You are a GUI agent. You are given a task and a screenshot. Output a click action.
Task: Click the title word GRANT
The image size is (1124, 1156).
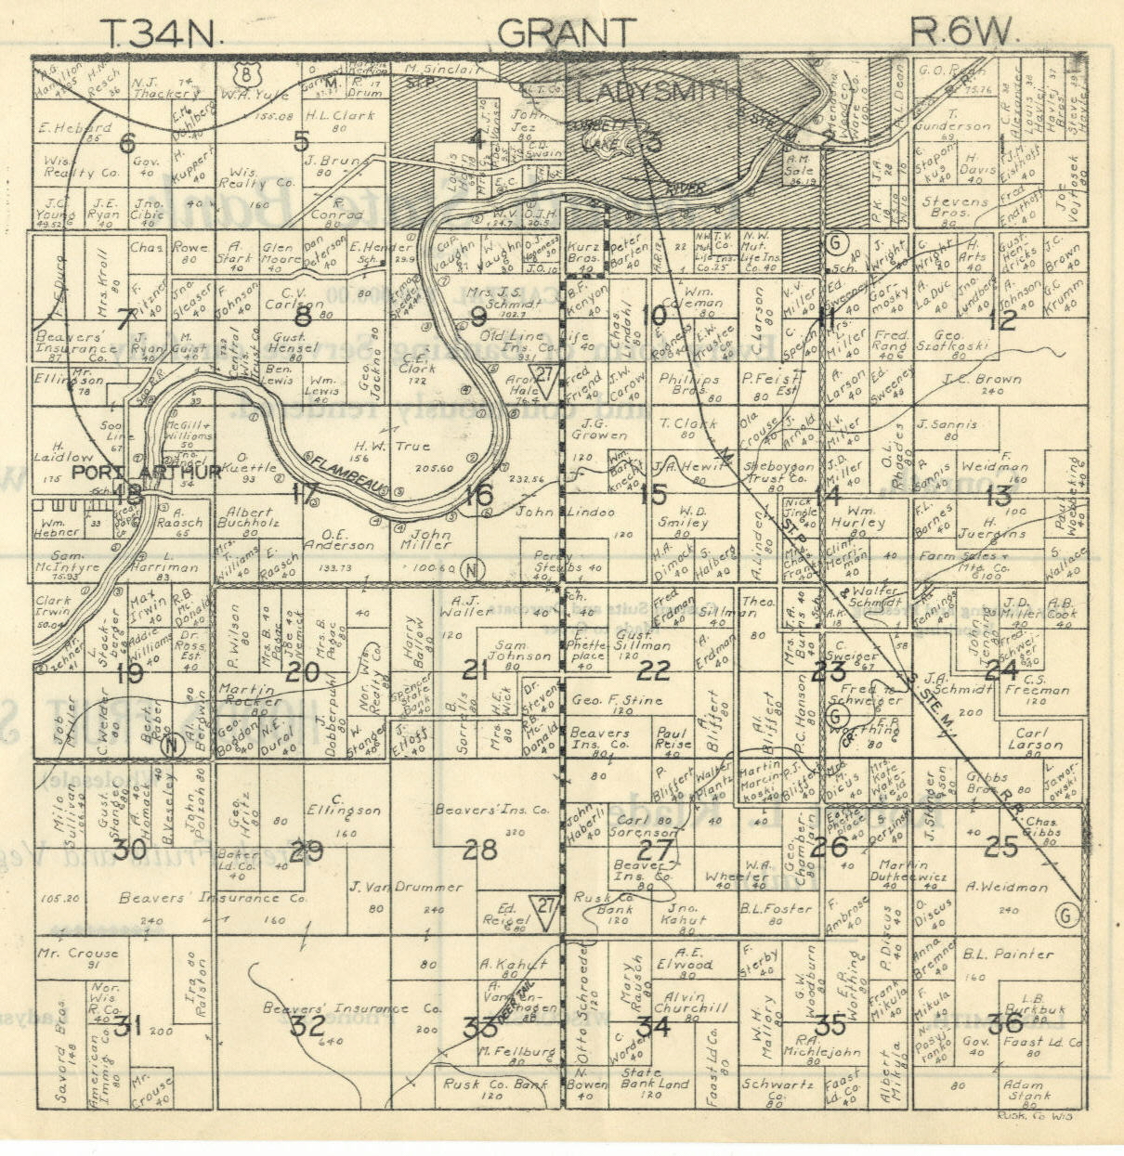click(566, 33)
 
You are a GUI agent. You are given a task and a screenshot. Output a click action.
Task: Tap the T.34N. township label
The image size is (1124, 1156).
click(162, 34)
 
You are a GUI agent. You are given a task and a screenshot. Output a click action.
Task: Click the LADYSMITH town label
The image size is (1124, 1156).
click(660, 92)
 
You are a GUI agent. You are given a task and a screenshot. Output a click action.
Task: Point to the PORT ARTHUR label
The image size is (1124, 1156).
click(147, 472)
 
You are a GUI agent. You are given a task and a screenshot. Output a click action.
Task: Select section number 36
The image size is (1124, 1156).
click(1006, 1023)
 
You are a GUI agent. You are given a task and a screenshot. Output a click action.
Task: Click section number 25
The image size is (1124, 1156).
click(1001, 846)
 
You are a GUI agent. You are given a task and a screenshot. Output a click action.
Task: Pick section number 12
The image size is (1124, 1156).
click(1003, 321)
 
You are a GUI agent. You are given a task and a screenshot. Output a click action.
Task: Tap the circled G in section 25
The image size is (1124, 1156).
click(1066, 916)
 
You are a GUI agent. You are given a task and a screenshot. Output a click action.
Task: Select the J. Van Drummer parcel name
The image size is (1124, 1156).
click(407, 887)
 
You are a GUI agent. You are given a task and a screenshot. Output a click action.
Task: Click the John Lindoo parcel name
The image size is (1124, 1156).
click(579, 512)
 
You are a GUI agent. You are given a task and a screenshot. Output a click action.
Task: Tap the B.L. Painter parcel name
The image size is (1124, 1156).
click(1008, 954)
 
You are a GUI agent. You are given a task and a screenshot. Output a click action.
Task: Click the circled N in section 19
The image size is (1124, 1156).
click(170, 744)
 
